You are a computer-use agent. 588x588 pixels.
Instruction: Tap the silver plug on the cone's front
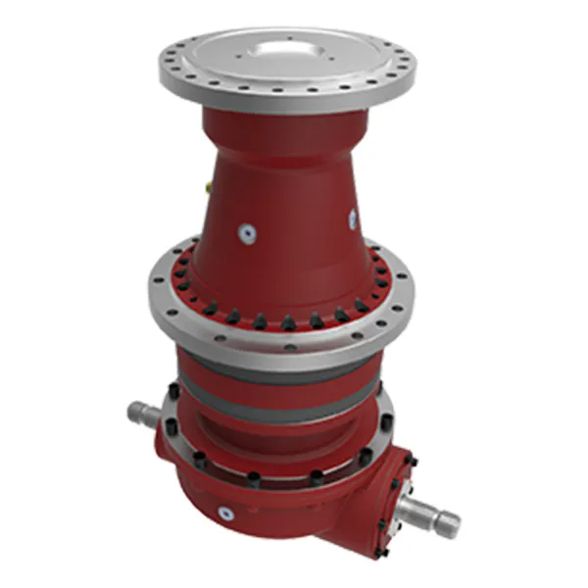pyautogui.click(x=247, y=232)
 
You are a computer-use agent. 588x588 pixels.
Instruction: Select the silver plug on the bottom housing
pyautogui.click(x=227, y=511)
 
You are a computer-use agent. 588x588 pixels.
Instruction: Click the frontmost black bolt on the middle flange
pyautogui.click(x=288, y=322)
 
